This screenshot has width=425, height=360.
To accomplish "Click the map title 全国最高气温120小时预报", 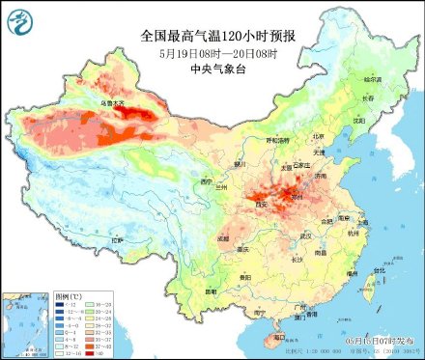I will coord(217,36).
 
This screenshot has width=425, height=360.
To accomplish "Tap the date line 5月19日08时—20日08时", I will coord(216,54).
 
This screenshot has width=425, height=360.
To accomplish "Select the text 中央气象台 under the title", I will coord(216,69).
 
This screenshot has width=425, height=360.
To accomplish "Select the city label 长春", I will coord(366,98).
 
